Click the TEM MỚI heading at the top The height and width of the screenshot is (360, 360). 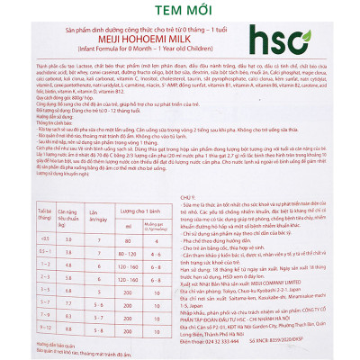179,10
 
